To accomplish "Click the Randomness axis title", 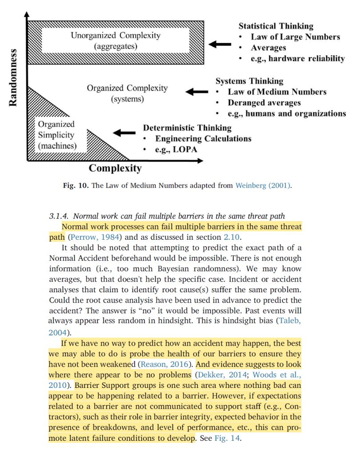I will tap(13, 77).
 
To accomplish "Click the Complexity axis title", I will tap(115, 168).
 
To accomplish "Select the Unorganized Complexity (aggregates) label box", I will tap(116, 40).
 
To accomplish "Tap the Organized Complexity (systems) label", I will tap(127, 93).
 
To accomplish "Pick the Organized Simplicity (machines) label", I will tap(57, 135).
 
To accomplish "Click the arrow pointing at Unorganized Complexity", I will tap(220, 44).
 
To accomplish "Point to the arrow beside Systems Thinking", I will tap(196, 92).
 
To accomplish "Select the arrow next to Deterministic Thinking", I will tap(124, 132).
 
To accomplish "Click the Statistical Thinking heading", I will tap(276, 26).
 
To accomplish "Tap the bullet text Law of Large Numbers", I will tap(296, 37).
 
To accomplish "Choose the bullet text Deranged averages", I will tap(264, 103).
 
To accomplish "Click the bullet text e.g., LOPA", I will tap(176, 149).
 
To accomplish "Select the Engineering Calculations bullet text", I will tap(203, 139).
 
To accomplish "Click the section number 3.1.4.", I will tap(59, 217).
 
